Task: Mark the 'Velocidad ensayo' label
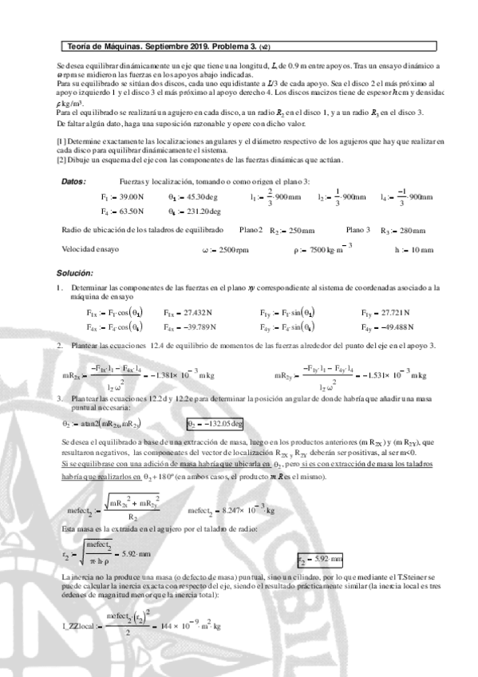point(90,249)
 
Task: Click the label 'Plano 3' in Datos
point(358,230)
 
